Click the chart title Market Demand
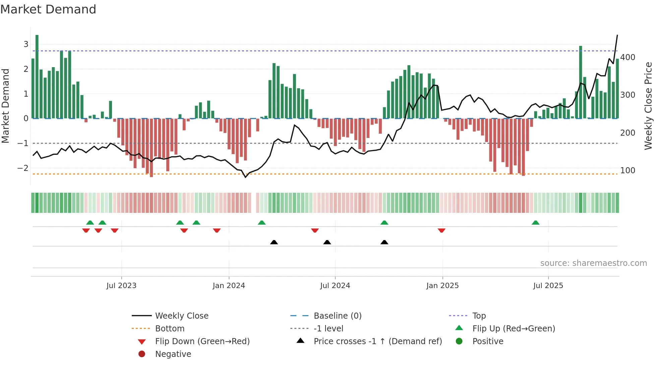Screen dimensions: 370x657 coord(48,9)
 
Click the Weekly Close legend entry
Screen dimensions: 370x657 coord(181,316)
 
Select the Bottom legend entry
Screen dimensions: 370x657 coord(170,329)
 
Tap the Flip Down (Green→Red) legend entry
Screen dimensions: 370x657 coord(202,341)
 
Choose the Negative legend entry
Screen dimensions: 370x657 coord(173,354)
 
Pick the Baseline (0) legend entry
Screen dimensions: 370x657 coord(337,316)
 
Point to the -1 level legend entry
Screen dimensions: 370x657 coord(328,329)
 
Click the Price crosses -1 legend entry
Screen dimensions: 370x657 coord(377,341)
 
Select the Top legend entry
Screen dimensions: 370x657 coord(479,316)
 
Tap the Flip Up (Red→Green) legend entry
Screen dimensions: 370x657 coord(514,329)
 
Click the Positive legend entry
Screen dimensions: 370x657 coord(488,341)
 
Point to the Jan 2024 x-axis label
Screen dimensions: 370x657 coord(229,286)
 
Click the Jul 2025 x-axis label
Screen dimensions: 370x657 coord(548,286)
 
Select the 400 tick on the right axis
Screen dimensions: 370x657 coord(628,57)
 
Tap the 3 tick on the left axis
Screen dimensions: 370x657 coord(26,44)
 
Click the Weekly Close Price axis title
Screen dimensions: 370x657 coord(648,106)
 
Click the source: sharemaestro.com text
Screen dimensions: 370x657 coord(593,263)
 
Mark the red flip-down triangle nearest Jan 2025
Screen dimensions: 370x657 coord(441,230)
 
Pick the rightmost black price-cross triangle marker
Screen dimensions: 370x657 coord(384,242)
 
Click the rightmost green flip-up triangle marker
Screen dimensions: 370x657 coord(536,223)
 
